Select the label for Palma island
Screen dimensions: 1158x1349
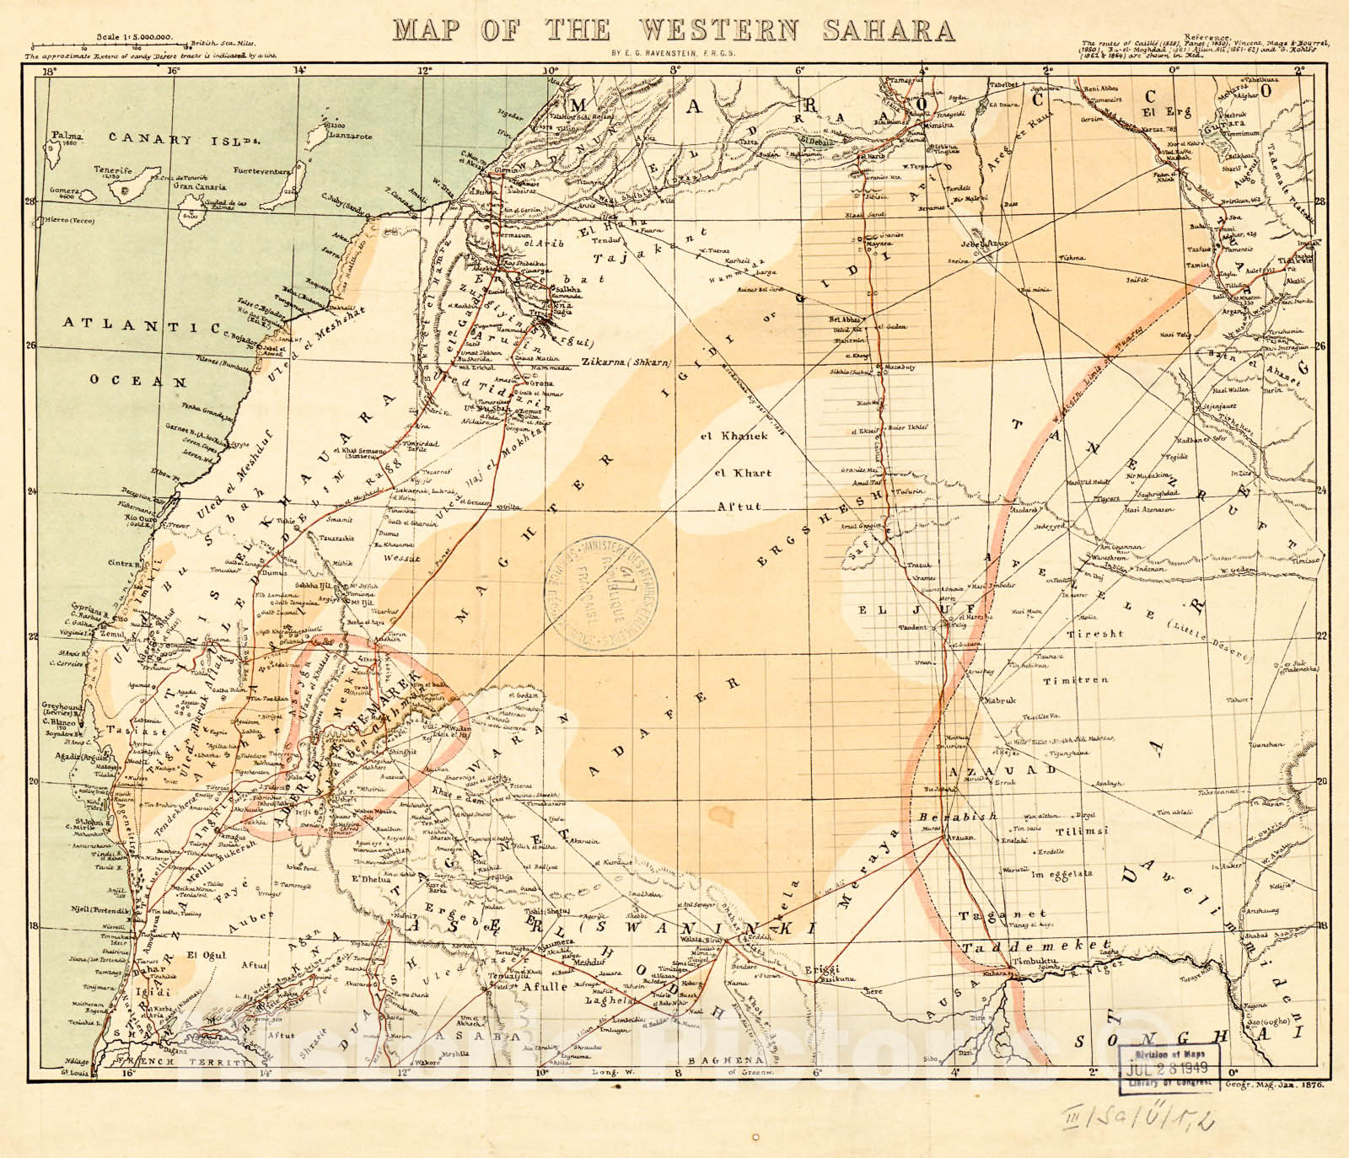[x=64, y=135]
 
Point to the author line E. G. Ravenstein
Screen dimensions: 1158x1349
[x=673, y=53]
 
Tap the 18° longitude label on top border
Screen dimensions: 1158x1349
[x=49, y=72]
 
